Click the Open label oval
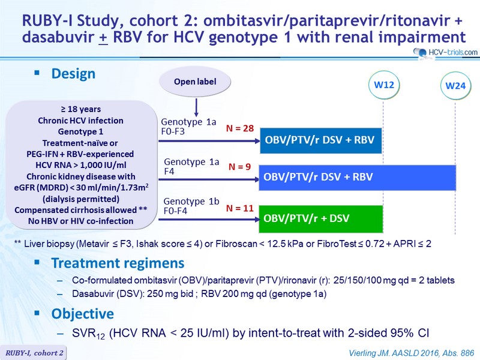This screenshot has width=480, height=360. tap(195, 82)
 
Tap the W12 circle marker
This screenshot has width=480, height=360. tap(384, 85)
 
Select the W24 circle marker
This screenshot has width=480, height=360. tap(455, 85)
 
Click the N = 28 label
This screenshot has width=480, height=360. tap(240, 128)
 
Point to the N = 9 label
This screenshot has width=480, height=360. tap(239, 167)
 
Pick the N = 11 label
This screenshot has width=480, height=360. tap(240, 208)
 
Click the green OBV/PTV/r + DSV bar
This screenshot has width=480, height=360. tap(321, 219)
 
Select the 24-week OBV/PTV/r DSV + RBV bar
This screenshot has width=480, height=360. tap(358, 178)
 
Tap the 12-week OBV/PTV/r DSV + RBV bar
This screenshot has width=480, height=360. tap(321, 140)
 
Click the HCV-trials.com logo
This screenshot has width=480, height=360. tap(445, 52)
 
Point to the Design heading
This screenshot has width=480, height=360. tap(73, 74)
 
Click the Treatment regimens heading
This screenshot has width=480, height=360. tap(118, 263)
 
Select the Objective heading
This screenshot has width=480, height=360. tap(83, 314)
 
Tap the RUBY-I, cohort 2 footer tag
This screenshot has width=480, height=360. tap(34, 353)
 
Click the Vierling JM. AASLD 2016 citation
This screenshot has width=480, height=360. tap(412, 353)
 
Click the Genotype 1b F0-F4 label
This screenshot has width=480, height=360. tap(191, 206)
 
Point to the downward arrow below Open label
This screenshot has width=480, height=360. tap(196, 107)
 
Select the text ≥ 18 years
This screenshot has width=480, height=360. tap(81, 109)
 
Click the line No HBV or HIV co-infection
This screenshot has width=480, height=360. tap(81, 221)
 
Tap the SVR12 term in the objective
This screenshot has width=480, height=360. tap(88, 334)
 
